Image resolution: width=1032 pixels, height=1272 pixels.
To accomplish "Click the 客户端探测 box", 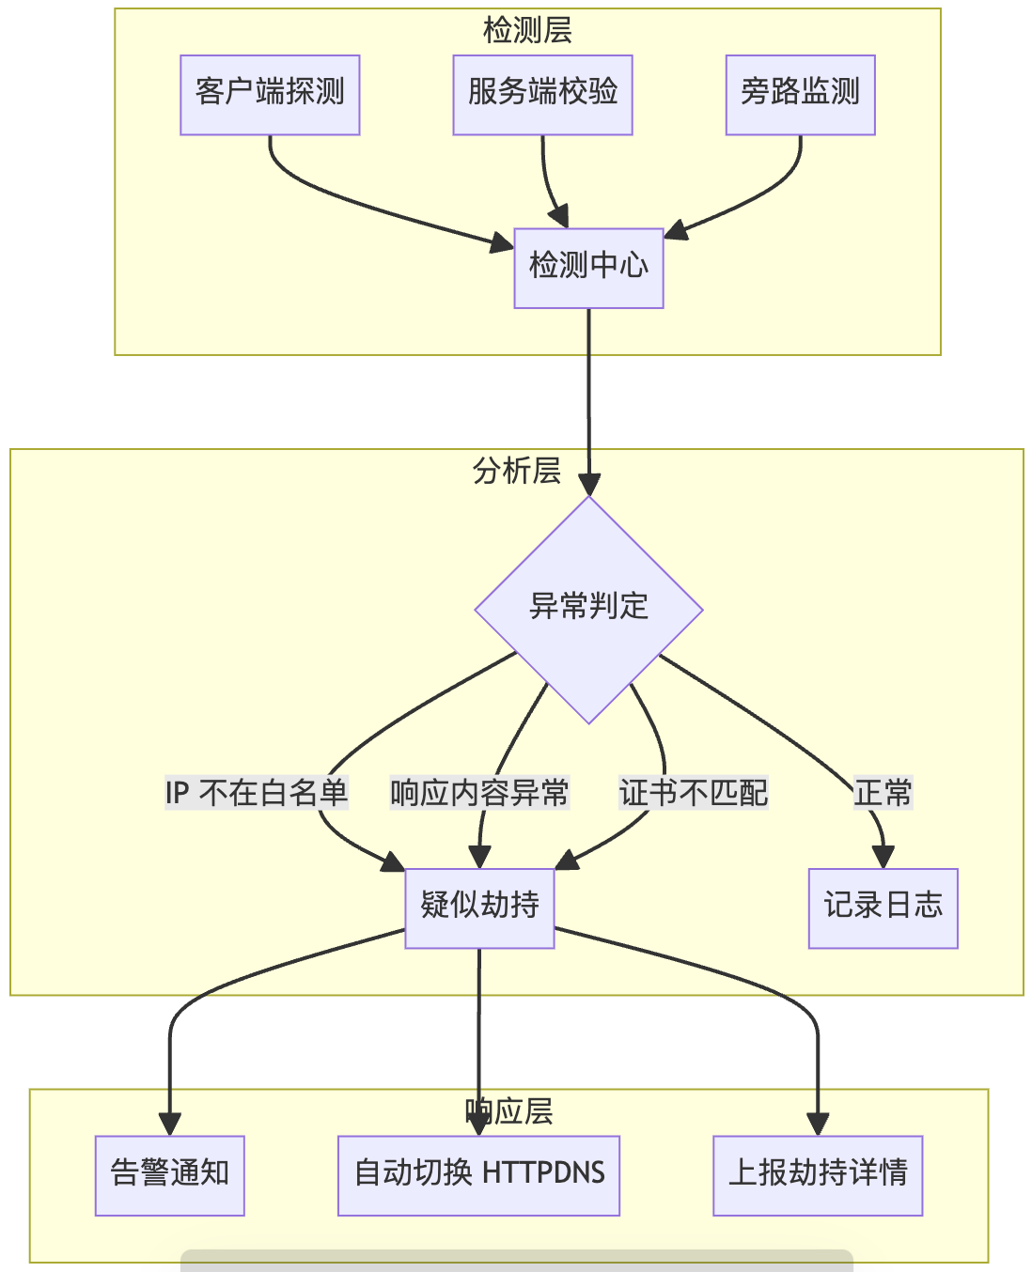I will coord(270,94).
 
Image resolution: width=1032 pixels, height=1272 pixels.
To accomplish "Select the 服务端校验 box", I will coord(542,94).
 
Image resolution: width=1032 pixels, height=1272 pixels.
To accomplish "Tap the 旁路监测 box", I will coord(800,94).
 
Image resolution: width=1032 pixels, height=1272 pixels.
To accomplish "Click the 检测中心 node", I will coord(588,268).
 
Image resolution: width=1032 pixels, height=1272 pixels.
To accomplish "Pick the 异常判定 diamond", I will coord(588,609).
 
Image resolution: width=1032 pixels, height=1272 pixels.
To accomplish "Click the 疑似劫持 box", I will coord(479,907).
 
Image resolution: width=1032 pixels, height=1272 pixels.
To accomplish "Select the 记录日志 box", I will coord(883,907).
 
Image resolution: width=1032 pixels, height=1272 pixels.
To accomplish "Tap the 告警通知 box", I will coord(170,1174).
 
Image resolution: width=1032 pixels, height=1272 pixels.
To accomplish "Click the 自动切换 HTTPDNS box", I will coord(478,1174).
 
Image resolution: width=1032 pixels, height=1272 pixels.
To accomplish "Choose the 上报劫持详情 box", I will coord(818,1174).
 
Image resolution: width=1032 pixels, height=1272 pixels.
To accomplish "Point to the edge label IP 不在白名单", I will coord(257,793).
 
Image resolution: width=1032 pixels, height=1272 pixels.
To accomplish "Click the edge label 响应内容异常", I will coord(479,793).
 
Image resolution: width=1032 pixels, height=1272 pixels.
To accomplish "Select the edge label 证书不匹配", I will coord(694,793).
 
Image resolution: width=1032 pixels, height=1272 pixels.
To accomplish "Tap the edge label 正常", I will coord(883,793).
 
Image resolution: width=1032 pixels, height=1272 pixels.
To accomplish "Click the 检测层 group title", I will coord(527,30).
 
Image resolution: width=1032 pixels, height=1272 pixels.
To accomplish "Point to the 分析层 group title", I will coord(517,470).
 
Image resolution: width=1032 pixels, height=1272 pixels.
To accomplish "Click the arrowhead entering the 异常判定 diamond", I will coord(589,485).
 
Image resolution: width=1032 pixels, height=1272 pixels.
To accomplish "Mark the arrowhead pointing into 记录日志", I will coord(883,857).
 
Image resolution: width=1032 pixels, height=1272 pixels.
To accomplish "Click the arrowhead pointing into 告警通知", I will coord(170,1124).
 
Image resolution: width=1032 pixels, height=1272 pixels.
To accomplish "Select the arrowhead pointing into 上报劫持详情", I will coord(818,1124).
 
